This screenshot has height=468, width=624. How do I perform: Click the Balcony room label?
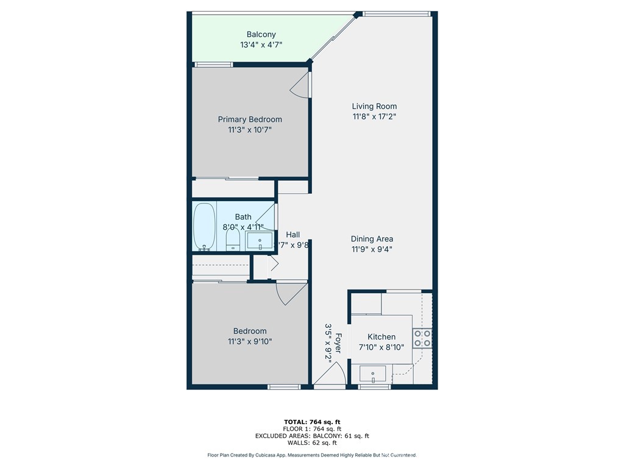click(261, 35)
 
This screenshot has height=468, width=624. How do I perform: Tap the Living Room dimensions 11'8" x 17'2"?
click(374, 116)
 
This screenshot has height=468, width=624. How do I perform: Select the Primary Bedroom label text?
click(250, 119)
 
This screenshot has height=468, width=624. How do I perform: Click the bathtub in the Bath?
click(205, 227)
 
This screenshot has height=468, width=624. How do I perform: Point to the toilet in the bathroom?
click(232, 238)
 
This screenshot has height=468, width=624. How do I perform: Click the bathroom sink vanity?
click(261, 241)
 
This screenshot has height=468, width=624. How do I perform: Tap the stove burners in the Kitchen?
click(422, 338)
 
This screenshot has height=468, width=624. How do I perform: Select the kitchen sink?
click(373, 373)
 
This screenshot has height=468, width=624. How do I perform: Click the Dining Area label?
click(372, 239)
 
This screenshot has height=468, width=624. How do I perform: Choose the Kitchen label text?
click(381, 337)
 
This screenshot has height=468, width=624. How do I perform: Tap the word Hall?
click(293, 235)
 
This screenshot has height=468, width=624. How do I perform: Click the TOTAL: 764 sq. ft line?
click(312, 422)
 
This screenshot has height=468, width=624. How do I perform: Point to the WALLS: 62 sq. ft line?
click(312, 444)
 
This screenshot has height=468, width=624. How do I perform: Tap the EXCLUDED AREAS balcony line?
click(312, 436)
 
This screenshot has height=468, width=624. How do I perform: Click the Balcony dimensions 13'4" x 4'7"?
click(261, 44)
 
